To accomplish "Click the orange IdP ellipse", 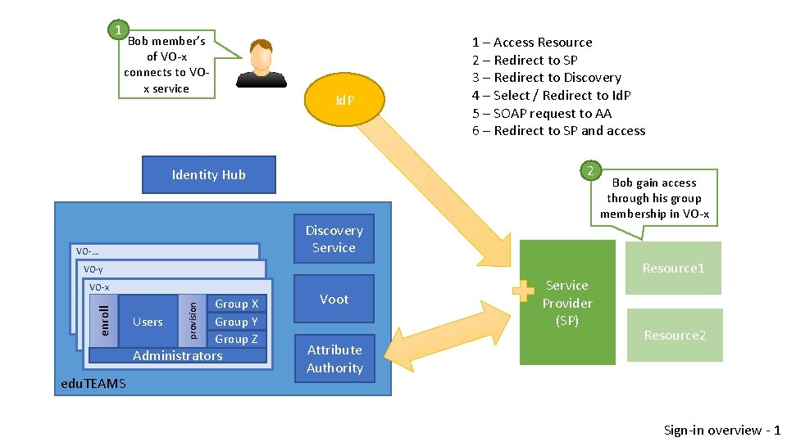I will click(x=345, y=100).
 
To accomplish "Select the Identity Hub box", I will click(x=208, y=174).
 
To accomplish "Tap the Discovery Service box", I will click(x=334, y=239).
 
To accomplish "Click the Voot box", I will click(x=334, y=299).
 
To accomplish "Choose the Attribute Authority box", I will click(x=334, y=359).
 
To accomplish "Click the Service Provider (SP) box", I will click(x=567, y=303).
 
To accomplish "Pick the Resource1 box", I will click(x=673, y=268).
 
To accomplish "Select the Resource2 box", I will click(x=675, y=335).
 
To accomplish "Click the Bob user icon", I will click(x=261, y=64).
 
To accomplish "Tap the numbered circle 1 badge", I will click(x=118, y=30).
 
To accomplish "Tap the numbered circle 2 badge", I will click(x=589, y=170).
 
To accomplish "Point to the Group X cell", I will click(x=236, y=304).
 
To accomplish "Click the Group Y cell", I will click(x=236, y=322).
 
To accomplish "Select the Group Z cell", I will click(x=236, y=339).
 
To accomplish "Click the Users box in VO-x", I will click(x=148, y=322).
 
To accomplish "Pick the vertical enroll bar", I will click(x=104, y=320).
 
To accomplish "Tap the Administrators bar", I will click(x=177, y=355).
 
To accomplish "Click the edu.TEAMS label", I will click(x=93, y=383).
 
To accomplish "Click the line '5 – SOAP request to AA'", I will click(x=541, y=113).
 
